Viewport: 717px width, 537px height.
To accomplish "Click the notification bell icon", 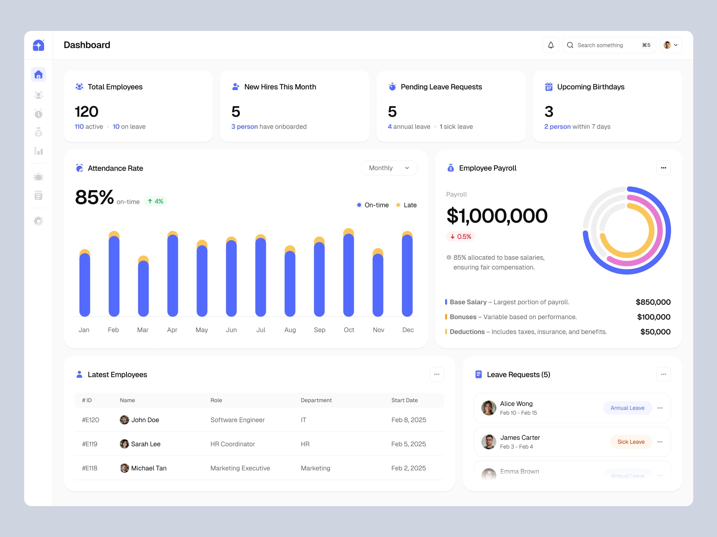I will click(551, 45).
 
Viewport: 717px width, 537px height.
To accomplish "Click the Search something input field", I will click(603, 45).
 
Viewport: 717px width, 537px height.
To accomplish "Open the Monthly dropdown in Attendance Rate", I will click(389, 168).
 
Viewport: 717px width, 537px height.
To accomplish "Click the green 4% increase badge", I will click(155, 201).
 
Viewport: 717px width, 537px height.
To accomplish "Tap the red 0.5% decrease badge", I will click(461, 237).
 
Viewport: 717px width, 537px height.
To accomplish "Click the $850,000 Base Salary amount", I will click(653, 302).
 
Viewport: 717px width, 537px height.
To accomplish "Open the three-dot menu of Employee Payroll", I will click(663, 168).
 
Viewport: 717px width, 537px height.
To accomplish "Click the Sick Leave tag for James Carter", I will click(631, 442).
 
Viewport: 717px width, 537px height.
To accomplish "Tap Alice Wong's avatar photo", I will click(488, 408).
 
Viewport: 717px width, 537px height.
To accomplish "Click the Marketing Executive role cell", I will click(240, 468).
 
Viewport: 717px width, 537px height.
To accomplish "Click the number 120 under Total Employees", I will click(86, 112).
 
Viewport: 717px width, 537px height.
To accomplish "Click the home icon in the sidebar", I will click(39, 75).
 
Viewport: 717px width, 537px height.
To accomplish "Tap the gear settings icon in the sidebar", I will click(39, 221).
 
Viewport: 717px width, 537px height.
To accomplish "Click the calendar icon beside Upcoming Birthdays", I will click(549, 87).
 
